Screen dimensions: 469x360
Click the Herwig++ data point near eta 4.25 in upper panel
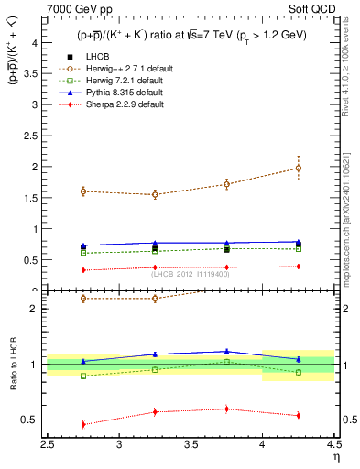(299, 168)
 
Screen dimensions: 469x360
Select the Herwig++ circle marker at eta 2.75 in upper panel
(83, 191)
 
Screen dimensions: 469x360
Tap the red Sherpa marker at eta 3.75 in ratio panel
(227, 409)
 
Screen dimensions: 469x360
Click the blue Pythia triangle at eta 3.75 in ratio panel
(227, 351)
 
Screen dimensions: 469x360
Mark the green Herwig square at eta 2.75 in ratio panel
(83, 376)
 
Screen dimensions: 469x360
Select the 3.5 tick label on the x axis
(191, 445)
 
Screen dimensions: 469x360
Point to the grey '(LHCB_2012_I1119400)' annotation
(191, 272)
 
